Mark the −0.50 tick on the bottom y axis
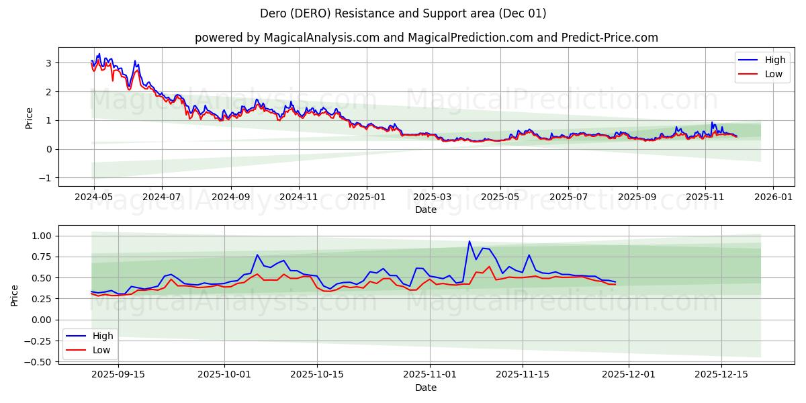[x=41, y=361]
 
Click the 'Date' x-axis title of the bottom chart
[x=426, y=388]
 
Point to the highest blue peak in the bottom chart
[x=469, y=241]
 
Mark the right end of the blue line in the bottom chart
[x=615, y=282]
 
